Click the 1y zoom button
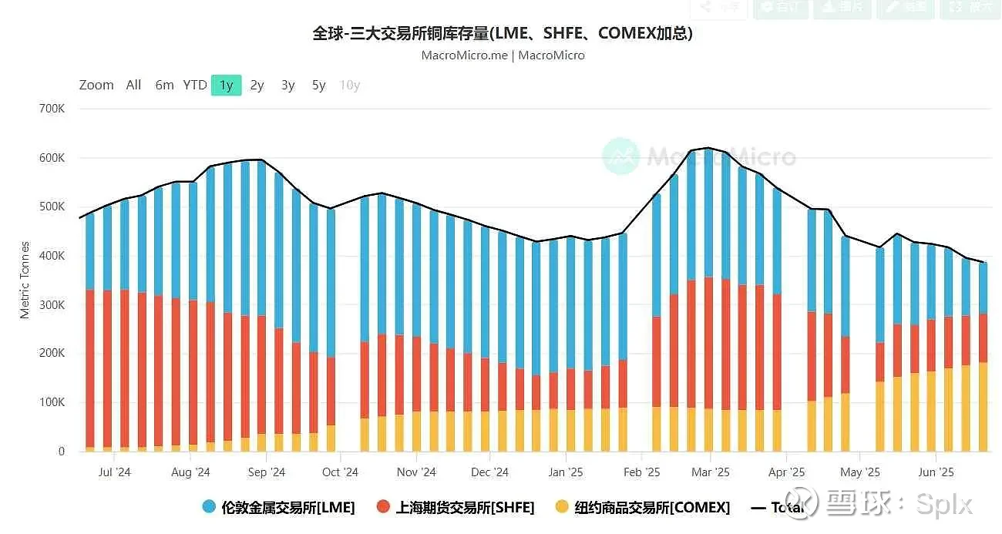[226, 85]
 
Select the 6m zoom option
[164, 85]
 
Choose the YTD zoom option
[195, 85]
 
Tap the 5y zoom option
[318, 85]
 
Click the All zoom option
[133, 85]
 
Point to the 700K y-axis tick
[52, 109]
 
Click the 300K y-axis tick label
[52, 304]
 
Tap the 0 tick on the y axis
[61, 452]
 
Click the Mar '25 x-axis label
[710, 472]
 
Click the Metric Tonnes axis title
[25, 280]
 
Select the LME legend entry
[278, 507]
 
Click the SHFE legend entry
[456, 507]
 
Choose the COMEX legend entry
[642, 507]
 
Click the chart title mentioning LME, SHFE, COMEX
[502, 33]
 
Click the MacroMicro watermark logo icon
[620, 156]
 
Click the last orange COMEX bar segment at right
[983, 407]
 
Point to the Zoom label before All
[96, 85]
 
